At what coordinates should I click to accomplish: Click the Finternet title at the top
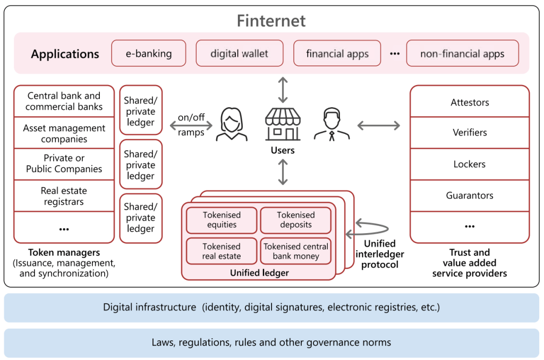tap(271, 21)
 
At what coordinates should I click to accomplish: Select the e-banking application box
tap(149, 54)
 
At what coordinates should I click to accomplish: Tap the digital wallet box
tap(239, 54)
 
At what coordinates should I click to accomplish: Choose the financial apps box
tap(337, 54)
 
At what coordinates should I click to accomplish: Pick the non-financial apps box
tap(462, 54)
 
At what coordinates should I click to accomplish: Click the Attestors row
tap(470, 102)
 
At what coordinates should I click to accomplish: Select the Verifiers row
tap(470, 133)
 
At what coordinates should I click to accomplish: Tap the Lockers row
tap(470, 164)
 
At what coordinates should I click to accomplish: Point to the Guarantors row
tap(470, 195)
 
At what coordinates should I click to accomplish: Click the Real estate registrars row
tap(64, 196)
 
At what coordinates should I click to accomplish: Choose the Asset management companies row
tap(64, 133)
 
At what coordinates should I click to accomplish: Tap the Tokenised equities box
tap(222, 220)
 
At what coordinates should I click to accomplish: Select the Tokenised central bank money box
tap(296, 251)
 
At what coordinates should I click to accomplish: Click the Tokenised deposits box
tap(296, 220)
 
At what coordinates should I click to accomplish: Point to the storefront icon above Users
tap(283, 124)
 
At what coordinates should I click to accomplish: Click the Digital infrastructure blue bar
tap(271, 307)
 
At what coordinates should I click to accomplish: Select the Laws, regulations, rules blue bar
tap(271, 342)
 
